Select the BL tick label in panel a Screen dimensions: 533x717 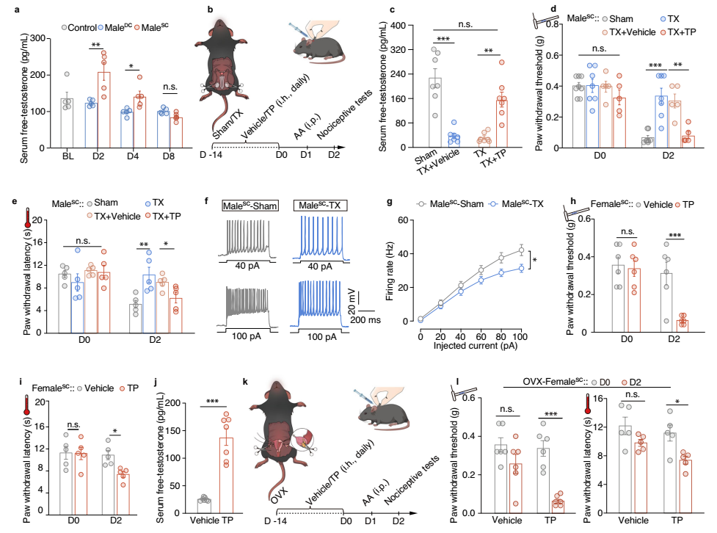[x=68, y=156]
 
